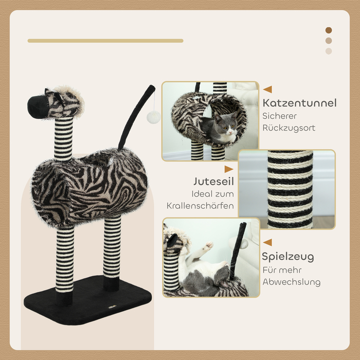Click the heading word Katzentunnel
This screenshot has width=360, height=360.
click(x=300, y=103)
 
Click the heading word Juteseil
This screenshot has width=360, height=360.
click(x=214, y=181)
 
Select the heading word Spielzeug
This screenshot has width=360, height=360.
click(x=288, y=257)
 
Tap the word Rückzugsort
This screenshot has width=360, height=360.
click(x=289, y=128)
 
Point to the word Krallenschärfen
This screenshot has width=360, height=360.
click(x=200, y=206)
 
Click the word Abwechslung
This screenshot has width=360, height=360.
click(x=292, y=282)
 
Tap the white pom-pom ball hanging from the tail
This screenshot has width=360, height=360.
click(x=153, y=117)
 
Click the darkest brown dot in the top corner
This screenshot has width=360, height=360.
click(x=329, y=30)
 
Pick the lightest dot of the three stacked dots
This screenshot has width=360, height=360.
click(x=329, y=51)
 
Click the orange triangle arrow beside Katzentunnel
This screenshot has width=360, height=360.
click(x=268, y=89)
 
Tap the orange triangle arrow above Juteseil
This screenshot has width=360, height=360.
click(x=229, y=169)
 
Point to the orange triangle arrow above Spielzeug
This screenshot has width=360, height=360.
click(x=268, y=242)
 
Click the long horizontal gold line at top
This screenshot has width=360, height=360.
click(x=105, y=41)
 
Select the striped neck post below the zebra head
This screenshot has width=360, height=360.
click(x=64, y=138)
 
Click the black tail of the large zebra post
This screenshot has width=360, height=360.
click(x=135, y=117)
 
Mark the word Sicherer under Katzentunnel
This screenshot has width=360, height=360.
click(x=280, y=116)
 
